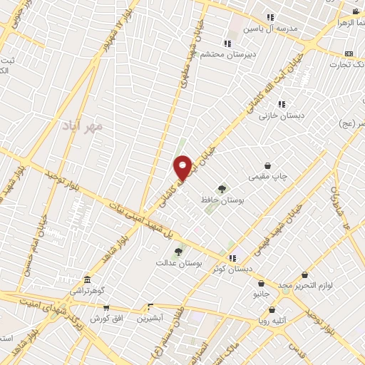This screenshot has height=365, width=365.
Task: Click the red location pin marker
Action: [183, 168]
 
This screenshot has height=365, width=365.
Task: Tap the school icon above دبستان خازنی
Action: [281, 103]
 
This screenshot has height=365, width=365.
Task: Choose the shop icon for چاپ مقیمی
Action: [267, 165]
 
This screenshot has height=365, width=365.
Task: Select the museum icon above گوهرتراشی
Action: [87, 279]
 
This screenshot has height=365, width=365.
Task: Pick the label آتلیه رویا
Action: [272, 321]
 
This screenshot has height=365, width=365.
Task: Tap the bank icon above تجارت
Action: [349, 53]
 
